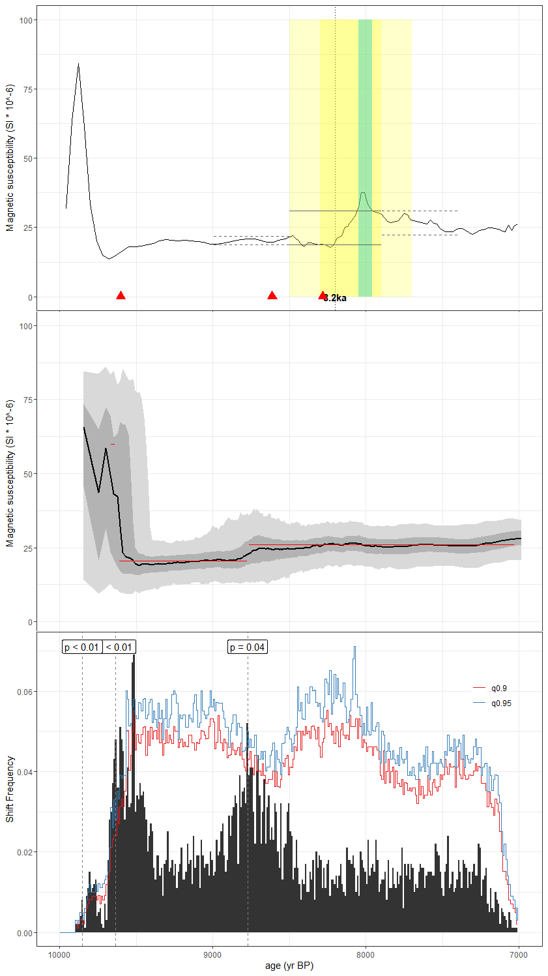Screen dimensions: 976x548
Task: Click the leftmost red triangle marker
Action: [121, 296]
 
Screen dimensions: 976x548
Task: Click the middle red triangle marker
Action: [272, 296]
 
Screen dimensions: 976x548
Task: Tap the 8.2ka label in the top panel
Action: [335, 299]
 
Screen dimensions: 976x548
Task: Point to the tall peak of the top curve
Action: [78, 65]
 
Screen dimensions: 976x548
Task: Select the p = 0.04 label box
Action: [248, 647]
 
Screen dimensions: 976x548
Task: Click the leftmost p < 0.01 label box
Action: [82, 647]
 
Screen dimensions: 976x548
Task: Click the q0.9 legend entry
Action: [498, 688]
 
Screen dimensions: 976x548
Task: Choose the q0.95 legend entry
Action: [500, 703]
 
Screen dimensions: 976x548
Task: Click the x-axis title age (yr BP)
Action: [289, 966]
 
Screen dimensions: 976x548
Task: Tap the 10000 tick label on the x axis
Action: [60, 956]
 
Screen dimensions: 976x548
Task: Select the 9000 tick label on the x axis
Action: [212, 956]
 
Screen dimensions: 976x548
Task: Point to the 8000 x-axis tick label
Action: [366, 956]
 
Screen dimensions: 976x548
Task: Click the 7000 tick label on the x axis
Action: [518, 956]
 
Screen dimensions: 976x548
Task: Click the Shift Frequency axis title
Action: [10, 789]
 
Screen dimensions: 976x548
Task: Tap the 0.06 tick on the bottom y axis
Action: [25, 692]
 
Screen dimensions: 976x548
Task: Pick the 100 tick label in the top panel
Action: [26, 20]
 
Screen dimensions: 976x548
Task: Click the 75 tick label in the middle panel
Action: [29, 400]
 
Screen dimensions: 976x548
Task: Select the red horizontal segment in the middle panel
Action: [182, 561]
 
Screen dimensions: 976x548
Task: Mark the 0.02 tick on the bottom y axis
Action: [25, 853]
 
